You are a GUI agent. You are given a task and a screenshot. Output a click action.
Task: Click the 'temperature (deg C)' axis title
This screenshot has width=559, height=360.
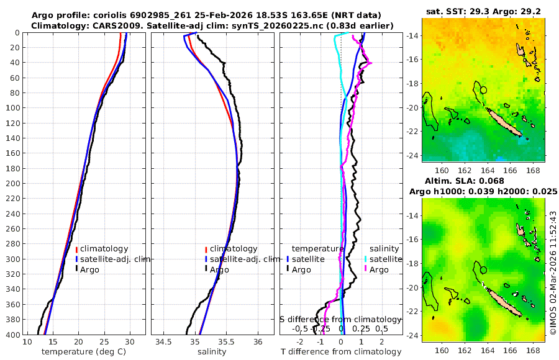click(x=78, y=352)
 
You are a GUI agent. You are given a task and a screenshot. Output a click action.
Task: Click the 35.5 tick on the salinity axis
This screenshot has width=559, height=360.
click(x=227, y=343)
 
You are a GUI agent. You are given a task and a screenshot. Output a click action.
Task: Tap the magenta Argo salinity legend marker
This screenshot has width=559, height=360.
click(x=366, y=269)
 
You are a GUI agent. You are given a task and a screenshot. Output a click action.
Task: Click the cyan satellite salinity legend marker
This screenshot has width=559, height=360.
click(x=366, y=259)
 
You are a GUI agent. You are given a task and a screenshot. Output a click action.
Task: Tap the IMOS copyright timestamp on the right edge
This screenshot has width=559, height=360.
click(x=553, y=273)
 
